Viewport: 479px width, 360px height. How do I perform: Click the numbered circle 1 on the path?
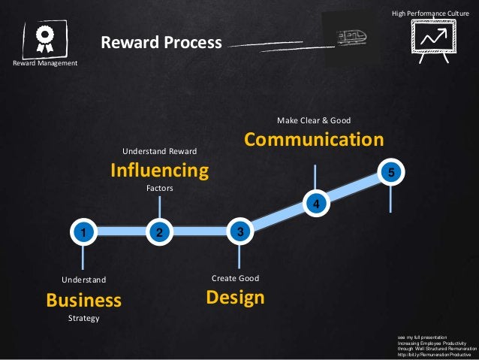[83, 232]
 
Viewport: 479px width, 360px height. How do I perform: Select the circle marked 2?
[158, 232]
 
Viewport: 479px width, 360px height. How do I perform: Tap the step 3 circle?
[239, 231]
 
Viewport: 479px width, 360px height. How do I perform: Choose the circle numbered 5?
[391, 173]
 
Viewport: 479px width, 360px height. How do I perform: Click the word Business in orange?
[83, 301]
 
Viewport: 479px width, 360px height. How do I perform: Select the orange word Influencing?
[159, 171]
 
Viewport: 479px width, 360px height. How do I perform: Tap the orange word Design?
[235, 298]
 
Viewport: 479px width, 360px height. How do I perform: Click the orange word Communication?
[314, 141]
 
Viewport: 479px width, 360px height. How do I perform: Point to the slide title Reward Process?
[161, 42]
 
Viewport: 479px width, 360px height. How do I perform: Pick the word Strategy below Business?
[83, 319]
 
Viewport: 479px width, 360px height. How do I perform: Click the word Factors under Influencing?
[159, 189]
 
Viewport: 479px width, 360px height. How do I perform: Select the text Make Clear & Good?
[314, 120]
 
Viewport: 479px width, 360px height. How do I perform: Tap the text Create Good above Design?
[235, 279]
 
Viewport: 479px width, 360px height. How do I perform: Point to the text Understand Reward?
[159, 151]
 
